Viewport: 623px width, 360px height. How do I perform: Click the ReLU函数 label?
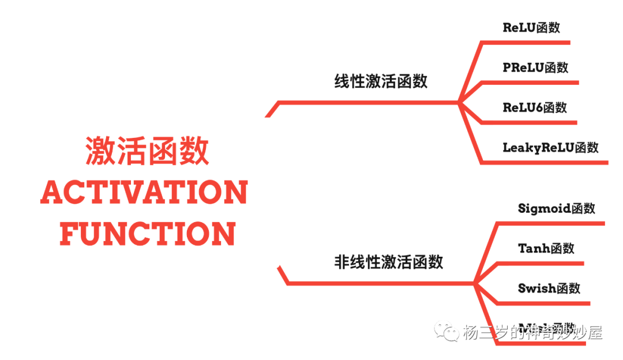[531, 28]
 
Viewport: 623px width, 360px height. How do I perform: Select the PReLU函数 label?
[535, 67]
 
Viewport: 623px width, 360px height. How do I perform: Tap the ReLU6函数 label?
[534, 107]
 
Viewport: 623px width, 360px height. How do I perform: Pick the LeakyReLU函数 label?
[550, 147]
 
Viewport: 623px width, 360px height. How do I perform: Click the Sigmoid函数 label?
[556, 208]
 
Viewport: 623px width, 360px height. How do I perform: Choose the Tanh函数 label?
[546, 249]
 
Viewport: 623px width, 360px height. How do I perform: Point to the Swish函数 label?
[549, 288]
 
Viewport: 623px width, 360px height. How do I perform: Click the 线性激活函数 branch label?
[381, 81]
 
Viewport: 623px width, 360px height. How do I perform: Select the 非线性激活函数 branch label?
[388, 262]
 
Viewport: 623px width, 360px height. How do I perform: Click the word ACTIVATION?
[144, 193]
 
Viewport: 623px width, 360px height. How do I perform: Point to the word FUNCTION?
[148, 234]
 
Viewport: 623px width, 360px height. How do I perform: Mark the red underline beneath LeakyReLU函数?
[545, 163]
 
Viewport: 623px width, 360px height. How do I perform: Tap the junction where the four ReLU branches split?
[459, 103]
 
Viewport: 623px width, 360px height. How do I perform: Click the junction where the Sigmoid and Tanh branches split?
[474, 283]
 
